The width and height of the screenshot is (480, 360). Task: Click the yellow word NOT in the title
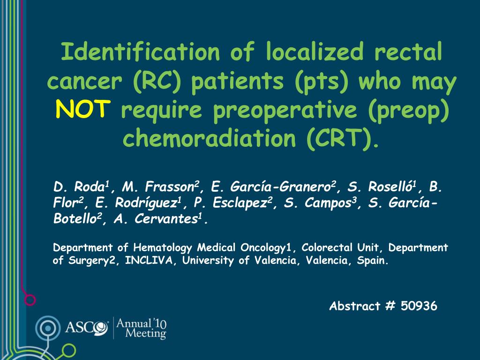pos(82,109)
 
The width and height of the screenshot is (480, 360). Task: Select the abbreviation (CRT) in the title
pos(342,138)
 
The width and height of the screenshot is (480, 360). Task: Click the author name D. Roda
pos(81,187)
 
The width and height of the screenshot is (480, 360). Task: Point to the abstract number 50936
pos(419,306)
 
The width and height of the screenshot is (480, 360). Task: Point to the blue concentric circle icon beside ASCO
pos(48,328)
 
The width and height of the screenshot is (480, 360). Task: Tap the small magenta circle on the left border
pos(30,300)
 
